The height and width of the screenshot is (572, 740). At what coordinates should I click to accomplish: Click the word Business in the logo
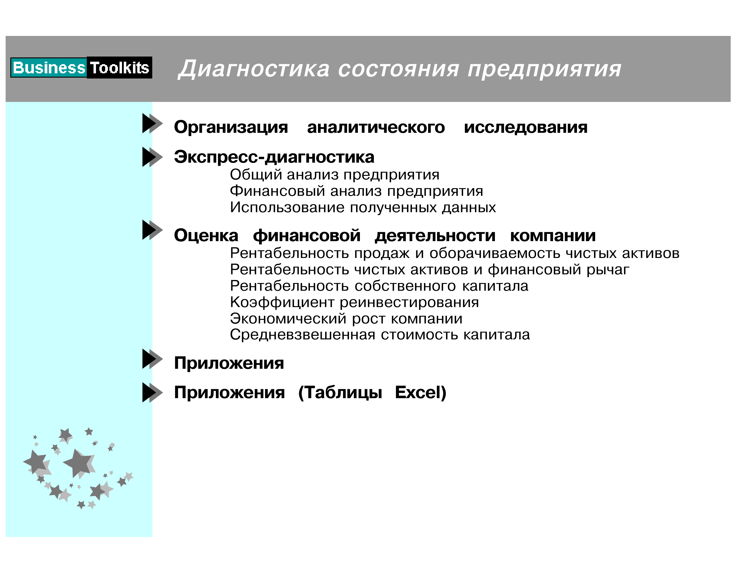coord(49,68)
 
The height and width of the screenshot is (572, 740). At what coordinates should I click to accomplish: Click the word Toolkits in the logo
coord(119,68)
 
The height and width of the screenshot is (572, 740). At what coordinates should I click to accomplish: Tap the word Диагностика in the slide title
coord(254,69)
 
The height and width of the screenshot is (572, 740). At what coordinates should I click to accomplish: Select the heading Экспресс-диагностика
coord(274,157)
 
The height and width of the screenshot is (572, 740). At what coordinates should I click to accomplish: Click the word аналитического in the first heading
coord(376,127)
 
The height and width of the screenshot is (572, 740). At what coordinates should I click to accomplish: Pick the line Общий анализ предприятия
coord(334,175)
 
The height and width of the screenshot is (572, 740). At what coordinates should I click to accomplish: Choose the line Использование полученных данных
coord(363,207)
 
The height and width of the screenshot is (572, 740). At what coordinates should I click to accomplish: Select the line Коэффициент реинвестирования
coord(354,302)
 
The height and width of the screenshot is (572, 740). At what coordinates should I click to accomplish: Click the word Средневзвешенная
coord(303,335)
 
